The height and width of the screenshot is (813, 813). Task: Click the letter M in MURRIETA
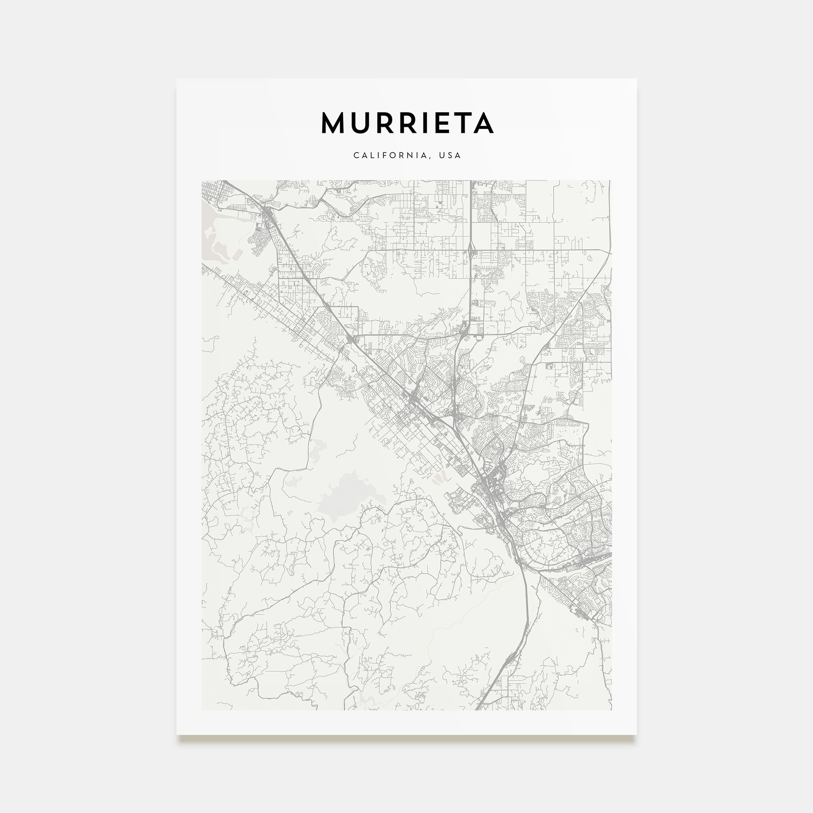point(333,123)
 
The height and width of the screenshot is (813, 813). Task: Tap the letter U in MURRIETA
point(359,123)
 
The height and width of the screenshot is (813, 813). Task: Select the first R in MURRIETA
point(383,123)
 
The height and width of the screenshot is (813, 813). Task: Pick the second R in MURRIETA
point(405,123)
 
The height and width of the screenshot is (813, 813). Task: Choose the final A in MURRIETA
point(482,123)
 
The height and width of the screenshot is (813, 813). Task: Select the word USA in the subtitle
point(450,155)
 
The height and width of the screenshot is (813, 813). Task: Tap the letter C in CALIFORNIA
point(356,155)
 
